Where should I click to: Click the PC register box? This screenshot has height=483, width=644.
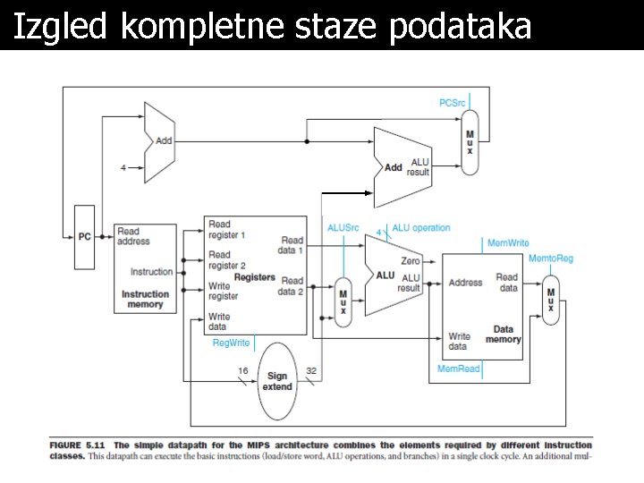(x=85, y=237)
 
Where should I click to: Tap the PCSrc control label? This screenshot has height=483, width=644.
(x=453, y=103)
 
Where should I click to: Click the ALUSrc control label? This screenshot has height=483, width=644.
(x=343, y=228)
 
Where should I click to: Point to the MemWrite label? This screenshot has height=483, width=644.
(x=508, y=242)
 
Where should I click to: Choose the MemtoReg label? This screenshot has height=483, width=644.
(x=551, y=258)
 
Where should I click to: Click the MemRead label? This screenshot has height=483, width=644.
(x=458, y=369)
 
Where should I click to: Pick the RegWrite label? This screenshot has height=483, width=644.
(x=231, y=343)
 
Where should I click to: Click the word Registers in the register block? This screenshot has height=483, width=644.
(x=255, y=277)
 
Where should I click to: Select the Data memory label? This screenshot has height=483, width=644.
(x=504, y=335)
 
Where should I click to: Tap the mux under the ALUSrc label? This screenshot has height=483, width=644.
(x=343, y=301)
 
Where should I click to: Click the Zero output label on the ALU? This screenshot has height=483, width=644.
(x=411, y=261)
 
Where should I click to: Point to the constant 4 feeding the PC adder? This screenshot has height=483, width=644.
(x=123, y=167)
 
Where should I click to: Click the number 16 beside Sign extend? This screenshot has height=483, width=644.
(x=242, y=370)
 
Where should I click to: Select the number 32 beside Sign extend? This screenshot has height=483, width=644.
(x=311, y=370)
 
